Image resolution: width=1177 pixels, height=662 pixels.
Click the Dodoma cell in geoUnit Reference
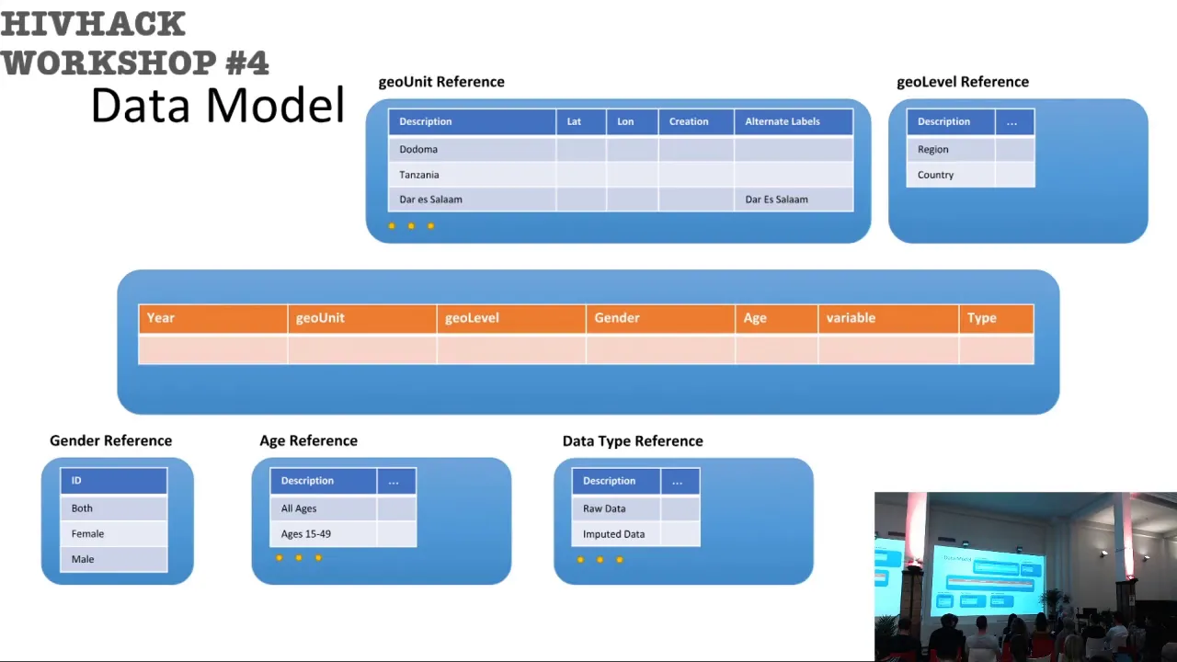[x=472, y=149]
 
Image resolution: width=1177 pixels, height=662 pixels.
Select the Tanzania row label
[x=418, y=175]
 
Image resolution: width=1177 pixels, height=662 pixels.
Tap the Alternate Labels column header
[x=794, y=121]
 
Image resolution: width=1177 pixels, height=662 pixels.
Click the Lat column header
[x=581, y=121]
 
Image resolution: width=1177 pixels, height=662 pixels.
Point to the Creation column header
[x=696, y=121]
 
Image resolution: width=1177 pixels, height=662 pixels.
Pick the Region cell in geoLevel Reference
[x=951, y=149]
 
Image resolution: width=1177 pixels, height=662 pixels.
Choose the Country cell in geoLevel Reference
[x=951, y=175]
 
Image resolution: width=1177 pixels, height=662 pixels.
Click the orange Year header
[x=212, y=318]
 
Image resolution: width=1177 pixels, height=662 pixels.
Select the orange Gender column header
[x=660, y=318]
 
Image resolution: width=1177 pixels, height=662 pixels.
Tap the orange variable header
[x=888, y=318]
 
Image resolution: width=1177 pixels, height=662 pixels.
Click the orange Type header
[x=997, y=318]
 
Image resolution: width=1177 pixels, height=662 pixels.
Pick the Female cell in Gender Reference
[x=114, y=534]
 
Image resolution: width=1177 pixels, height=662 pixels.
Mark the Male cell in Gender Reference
[x=114, y=560]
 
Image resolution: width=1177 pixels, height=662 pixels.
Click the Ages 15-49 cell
[x=323, y=534]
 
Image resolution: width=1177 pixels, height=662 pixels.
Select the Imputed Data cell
[x=616, y=534]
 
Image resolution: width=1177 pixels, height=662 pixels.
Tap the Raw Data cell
[x=616, y=508]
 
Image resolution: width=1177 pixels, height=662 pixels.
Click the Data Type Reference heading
[x=633, y=440]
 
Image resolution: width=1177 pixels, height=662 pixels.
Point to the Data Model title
[x=218, y=105]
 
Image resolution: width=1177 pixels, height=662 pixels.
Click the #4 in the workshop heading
[x=247, y=63]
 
